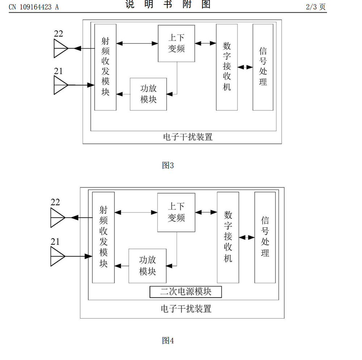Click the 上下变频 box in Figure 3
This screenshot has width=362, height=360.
(x=176, y=43)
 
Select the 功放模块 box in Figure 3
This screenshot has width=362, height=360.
(x=148, y=94)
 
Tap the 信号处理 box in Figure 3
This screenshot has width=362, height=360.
(x=263, y=67)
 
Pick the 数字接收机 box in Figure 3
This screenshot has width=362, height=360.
(x=227, y=67)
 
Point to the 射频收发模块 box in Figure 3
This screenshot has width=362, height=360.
(x=105, y=67)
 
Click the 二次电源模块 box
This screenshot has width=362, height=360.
(x=186, y=292)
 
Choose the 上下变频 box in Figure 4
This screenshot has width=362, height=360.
(x=176, y=212)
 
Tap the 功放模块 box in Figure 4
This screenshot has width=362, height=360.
(x=147, y=266)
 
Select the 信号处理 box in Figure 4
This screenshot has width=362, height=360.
(x=265, y=237)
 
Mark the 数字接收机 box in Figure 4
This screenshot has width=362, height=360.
(x=228, y=237)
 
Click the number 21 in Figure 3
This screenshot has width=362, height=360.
(x=58, y=71)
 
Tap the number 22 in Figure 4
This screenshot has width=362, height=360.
(x=55, y=202)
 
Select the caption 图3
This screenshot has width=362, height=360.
(x=168, y=165)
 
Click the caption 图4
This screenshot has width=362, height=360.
(x=168, y=340)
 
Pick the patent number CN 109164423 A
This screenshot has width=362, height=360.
(x=34, y=7)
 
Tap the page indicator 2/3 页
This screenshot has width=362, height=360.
(x=316, y=7)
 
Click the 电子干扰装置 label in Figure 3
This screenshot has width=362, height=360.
(x=188, y=137)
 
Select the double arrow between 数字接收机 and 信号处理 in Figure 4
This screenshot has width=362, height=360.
(x=247, y=237)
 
